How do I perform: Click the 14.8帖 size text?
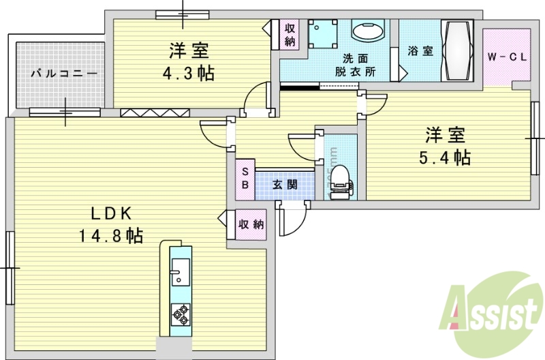[x=110, y=237]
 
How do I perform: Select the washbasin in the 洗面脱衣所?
[x=369, y=31]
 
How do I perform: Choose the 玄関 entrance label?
[x=285, y=184]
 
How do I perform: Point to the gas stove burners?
[x=180, y=313]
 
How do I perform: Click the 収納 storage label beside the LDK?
[x=251, y=224]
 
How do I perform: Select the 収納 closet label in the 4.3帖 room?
[x=290, y=35]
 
